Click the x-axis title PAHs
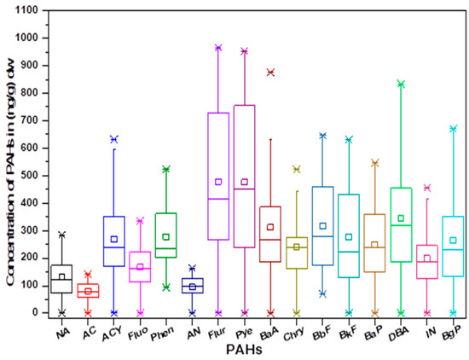click(x=253, y=349)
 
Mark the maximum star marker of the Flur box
click(x=218, y=48)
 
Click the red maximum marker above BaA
click(x=270, y=73)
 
